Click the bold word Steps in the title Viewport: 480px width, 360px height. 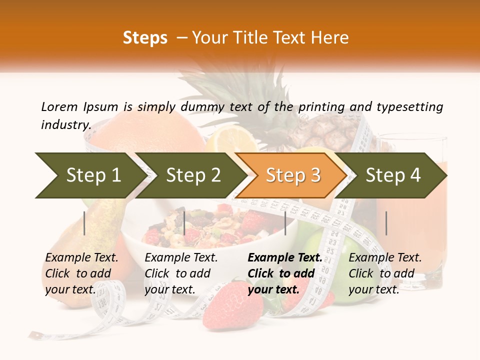[x=145, y=38]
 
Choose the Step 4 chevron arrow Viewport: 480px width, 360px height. [x=392, y=175]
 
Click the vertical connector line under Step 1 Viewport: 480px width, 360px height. [x=84, y=223]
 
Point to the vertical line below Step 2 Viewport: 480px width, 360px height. [x=184, y=223]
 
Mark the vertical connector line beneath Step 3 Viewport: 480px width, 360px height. [x=285, y=223]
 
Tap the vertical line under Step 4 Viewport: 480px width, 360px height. [x=386, y=223]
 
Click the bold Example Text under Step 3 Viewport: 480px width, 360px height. [x=285, y=257]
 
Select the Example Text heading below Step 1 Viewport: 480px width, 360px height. [x=81, y=257]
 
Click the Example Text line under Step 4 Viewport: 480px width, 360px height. [x=385, y=257]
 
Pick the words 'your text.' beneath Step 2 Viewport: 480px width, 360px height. [x=169, y=289]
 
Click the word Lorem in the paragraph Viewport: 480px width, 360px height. [x=59, y=106]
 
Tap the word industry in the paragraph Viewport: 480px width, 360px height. [x=65, y=124]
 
